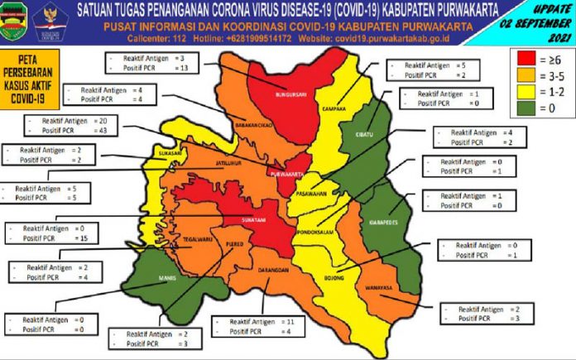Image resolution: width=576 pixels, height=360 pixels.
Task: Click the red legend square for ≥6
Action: pos(523,60)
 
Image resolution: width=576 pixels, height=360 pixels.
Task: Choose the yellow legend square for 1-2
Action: pos(523,91)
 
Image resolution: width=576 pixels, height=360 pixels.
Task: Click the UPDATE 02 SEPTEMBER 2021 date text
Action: pos(541,22)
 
